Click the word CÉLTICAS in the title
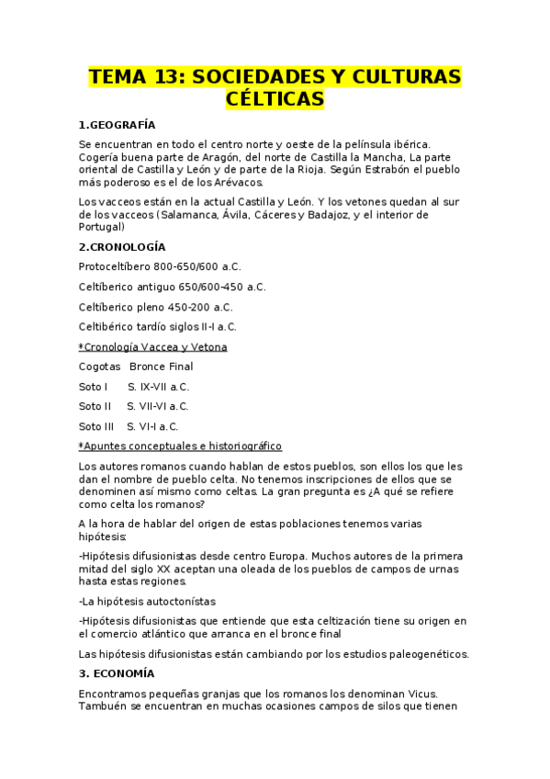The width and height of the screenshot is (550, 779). [x=275, y=97]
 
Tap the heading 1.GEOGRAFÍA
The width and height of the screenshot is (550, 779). [x=118, y=124]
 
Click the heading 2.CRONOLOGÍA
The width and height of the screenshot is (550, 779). [x=122, y=246]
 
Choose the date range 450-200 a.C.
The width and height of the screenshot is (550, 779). [x=200, y=307]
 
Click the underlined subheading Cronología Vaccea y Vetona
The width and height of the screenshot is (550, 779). [x=154, y=346]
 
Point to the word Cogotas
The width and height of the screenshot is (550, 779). [x=99, y=367]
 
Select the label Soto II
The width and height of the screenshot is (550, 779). [x=95, y=406]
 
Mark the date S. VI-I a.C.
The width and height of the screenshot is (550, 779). [x=152, y=426]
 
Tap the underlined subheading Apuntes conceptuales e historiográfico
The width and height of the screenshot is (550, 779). [x=181, y=446]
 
